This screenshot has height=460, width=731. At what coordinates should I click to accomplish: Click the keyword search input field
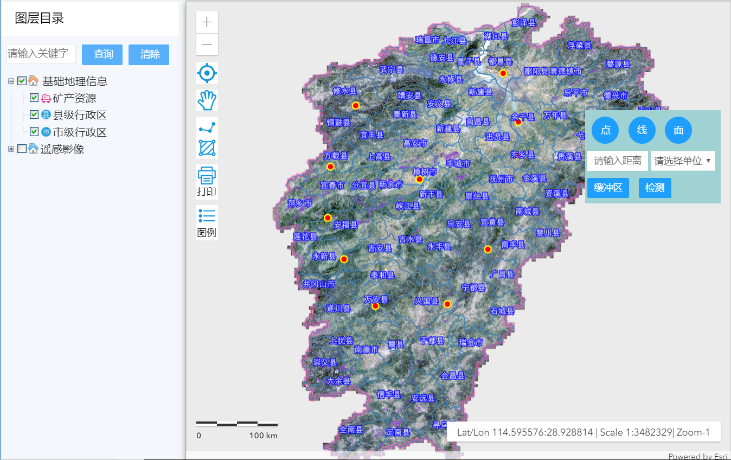(x=41, y=54)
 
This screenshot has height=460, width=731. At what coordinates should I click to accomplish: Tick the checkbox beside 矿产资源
(x=34, y=98)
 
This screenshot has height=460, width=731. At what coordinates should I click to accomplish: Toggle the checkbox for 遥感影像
(x=22, y=149)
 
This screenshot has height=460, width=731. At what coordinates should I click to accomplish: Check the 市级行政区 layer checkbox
(x=34, y=132)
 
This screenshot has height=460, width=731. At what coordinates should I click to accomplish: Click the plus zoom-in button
(x=207, y=22)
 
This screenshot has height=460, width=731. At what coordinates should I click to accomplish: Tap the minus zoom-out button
(x=207, y=44)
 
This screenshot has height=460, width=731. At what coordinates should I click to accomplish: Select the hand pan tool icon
(x=207, y=100)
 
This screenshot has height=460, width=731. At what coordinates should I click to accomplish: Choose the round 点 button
(x=605, y=130)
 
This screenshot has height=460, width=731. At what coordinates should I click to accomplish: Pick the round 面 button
(x=678, y=130)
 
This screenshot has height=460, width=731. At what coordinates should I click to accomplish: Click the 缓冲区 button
(x=608, y=188)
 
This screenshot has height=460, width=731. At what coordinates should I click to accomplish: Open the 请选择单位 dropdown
(x=682, y=161)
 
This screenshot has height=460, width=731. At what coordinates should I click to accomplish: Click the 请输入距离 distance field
(x=617, y=161)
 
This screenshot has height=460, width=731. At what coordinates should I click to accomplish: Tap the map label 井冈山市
(x=319, y=284)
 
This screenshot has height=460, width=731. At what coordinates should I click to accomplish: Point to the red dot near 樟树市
(x=419, y=179)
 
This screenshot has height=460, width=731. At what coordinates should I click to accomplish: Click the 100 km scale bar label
(x=264, y=435)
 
